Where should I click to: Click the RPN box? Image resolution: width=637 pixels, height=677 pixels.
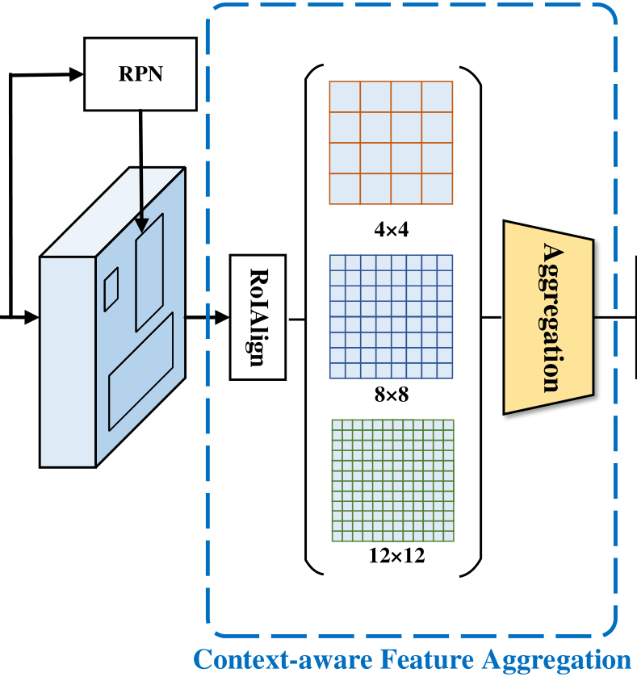140,73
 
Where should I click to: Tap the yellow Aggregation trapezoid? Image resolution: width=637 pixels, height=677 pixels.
548,317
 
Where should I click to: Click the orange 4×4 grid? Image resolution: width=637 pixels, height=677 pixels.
392,143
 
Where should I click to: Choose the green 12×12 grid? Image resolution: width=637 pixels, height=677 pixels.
393,481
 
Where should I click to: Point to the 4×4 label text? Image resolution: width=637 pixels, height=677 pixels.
392,230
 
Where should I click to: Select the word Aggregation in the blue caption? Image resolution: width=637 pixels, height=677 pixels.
556,659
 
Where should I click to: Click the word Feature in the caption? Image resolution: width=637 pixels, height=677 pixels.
409,659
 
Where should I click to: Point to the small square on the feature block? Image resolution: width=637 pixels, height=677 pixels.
111,289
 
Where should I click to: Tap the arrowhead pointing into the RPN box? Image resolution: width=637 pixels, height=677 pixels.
78,74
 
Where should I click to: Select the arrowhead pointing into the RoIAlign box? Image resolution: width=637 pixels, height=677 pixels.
222,317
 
